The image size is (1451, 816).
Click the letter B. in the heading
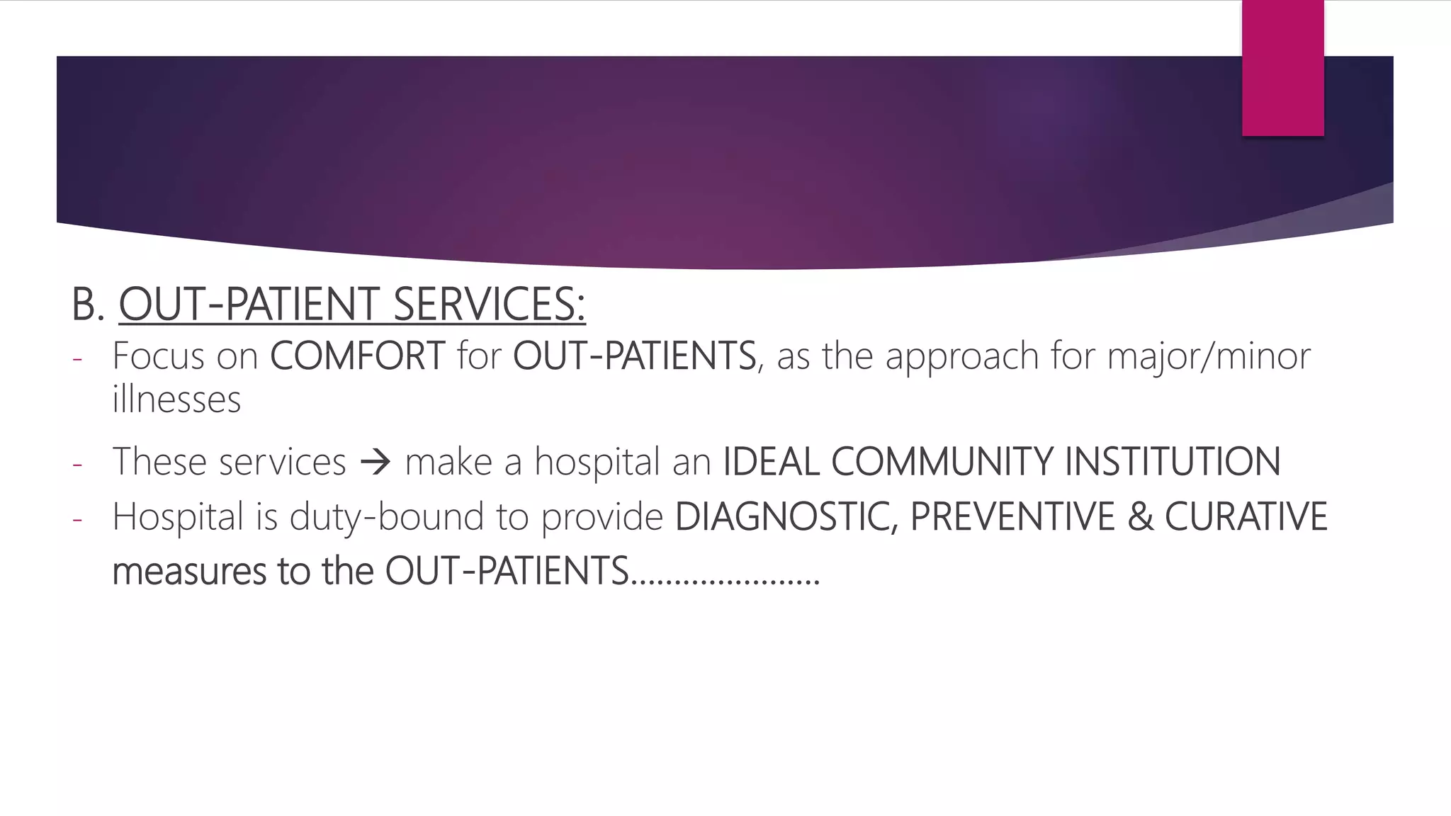[88, 305]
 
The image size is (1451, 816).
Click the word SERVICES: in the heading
[489, 305]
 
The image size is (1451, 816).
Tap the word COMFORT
[357, 356]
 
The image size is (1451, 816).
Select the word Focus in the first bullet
[158, 356]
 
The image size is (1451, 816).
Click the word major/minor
[1209, 356]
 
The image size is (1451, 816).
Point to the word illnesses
[176, 399]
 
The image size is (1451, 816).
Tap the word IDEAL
[771, 462]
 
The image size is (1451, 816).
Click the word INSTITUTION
[1173, 462]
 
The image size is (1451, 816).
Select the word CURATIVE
[1246, 516]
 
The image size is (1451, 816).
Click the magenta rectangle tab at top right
[1282, 67]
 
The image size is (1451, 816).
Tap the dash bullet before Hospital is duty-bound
[77, 520]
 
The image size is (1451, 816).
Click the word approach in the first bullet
[961, 357]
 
